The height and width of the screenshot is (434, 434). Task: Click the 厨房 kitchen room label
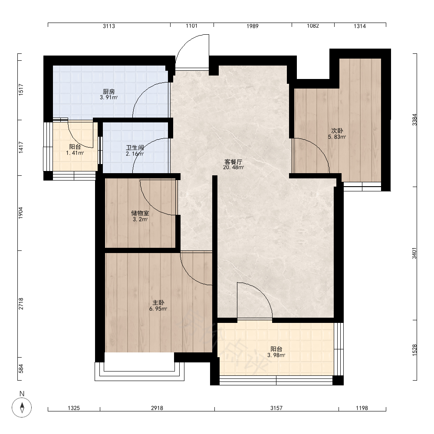pos(109,91)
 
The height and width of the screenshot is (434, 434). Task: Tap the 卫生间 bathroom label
pos(135,148)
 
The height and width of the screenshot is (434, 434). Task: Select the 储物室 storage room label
pos(140,213)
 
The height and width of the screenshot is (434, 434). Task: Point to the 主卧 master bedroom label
pos(158,302)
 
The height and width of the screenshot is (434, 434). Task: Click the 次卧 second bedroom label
pos(337,131)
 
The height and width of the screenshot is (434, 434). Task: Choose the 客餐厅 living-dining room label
pos(233,161)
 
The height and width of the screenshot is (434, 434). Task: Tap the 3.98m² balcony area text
pos(276,355)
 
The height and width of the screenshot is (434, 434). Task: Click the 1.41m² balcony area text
pos(75,153)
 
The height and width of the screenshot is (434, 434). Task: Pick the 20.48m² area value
pos(233,168)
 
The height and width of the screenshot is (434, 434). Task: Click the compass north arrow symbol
pos(22,408)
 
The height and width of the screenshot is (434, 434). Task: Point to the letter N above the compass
pos(22,394)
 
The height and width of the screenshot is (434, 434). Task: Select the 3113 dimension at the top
pos(109,26)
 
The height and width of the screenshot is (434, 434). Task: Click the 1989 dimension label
pos(253,26)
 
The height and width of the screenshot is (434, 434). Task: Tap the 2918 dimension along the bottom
pos(157,408)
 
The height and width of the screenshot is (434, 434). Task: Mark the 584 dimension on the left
pos(21,368)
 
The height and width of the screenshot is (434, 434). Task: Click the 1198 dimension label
pos(362,408)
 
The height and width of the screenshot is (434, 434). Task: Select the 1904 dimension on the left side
pos(21,213)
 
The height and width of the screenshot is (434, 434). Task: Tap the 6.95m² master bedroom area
pos(158,309)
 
